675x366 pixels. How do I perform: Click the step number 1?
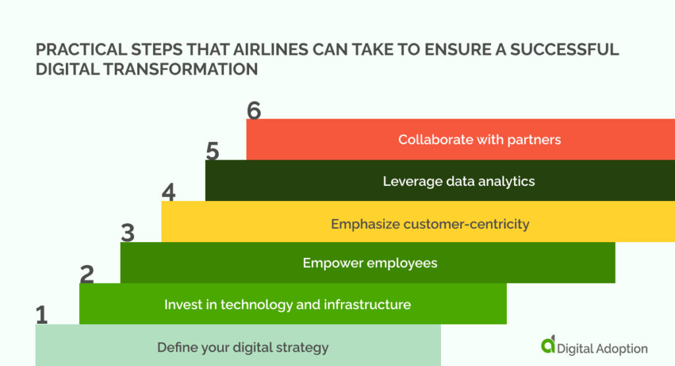pos(42,315)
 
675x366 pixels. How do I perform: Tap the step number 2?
pos(86,274)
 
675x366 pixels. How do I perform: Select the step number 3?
pos(128,233)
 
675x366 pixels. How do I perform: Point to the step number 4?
pos(169,192)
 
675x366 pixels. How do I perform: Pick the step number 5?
pos(212,151)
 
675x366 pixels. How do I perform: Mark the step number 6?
pos(254,110)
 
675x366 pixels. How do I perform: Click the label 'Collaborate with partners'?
pos(479,140)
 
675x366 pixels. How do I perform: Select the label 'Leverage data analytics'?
pos(459,181)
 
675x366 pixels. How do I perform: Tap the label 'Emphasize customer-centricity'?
pos(430,224)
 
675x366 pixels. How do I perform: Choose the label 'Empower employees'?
pos(370,263)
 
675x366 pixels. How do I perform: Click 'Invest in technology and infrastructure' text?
pos(287,305)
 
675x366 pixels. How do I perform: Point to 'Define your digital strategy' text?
pos(243,348)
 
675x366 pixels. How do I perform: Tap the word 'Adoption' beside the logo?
pos(620,348)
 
